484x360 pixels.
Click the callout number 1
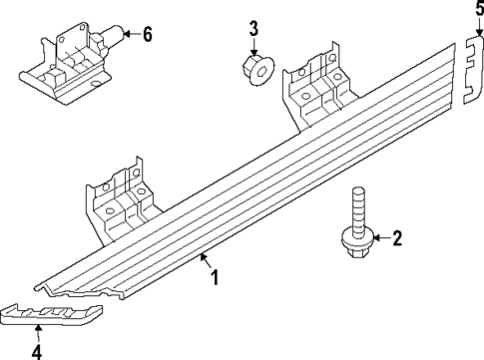tap(212, 275)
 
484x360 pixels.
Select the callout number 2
tap(396, 237)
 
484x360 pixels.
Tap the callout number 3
tap(253, 27)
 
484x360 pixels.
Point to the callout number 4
tap(37, 350)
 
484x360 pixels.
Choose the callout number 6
tap(147, 35)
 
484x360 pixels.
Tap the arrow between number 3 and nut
tap(253, 46)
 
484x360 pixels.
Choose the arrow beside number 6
tap(130, 35)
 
